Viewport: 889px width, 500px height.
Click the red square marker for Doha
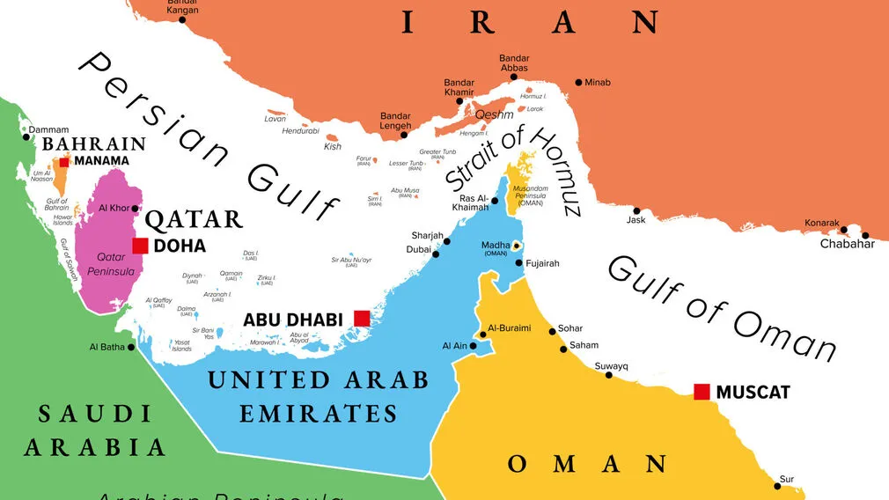140,246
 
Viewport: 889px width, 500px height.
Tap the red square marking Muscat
702,392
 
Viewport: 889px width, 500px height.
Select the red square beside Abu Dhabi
361,319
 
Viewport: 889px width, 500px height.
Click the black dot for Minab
578,83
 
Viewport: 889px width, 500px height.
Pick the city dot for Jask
636,211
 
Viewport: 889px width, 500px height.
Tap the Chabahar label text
848,244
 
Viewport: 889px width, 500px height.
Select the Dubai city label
418,250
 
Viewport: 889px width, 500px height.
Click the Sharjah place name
427,235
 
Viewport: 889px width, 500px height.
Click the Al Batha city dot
131,347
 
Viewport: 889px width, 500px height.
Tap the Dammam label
48,129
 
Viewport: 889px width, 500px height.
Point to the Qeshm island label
494,114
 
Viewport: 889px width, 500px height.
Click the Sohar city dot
552,331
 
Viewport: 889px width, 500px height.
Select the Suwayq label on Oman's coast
611,365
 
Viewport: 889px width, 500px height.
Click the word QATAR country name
194,219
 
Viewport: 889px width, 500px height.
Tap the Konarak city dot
844,231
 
